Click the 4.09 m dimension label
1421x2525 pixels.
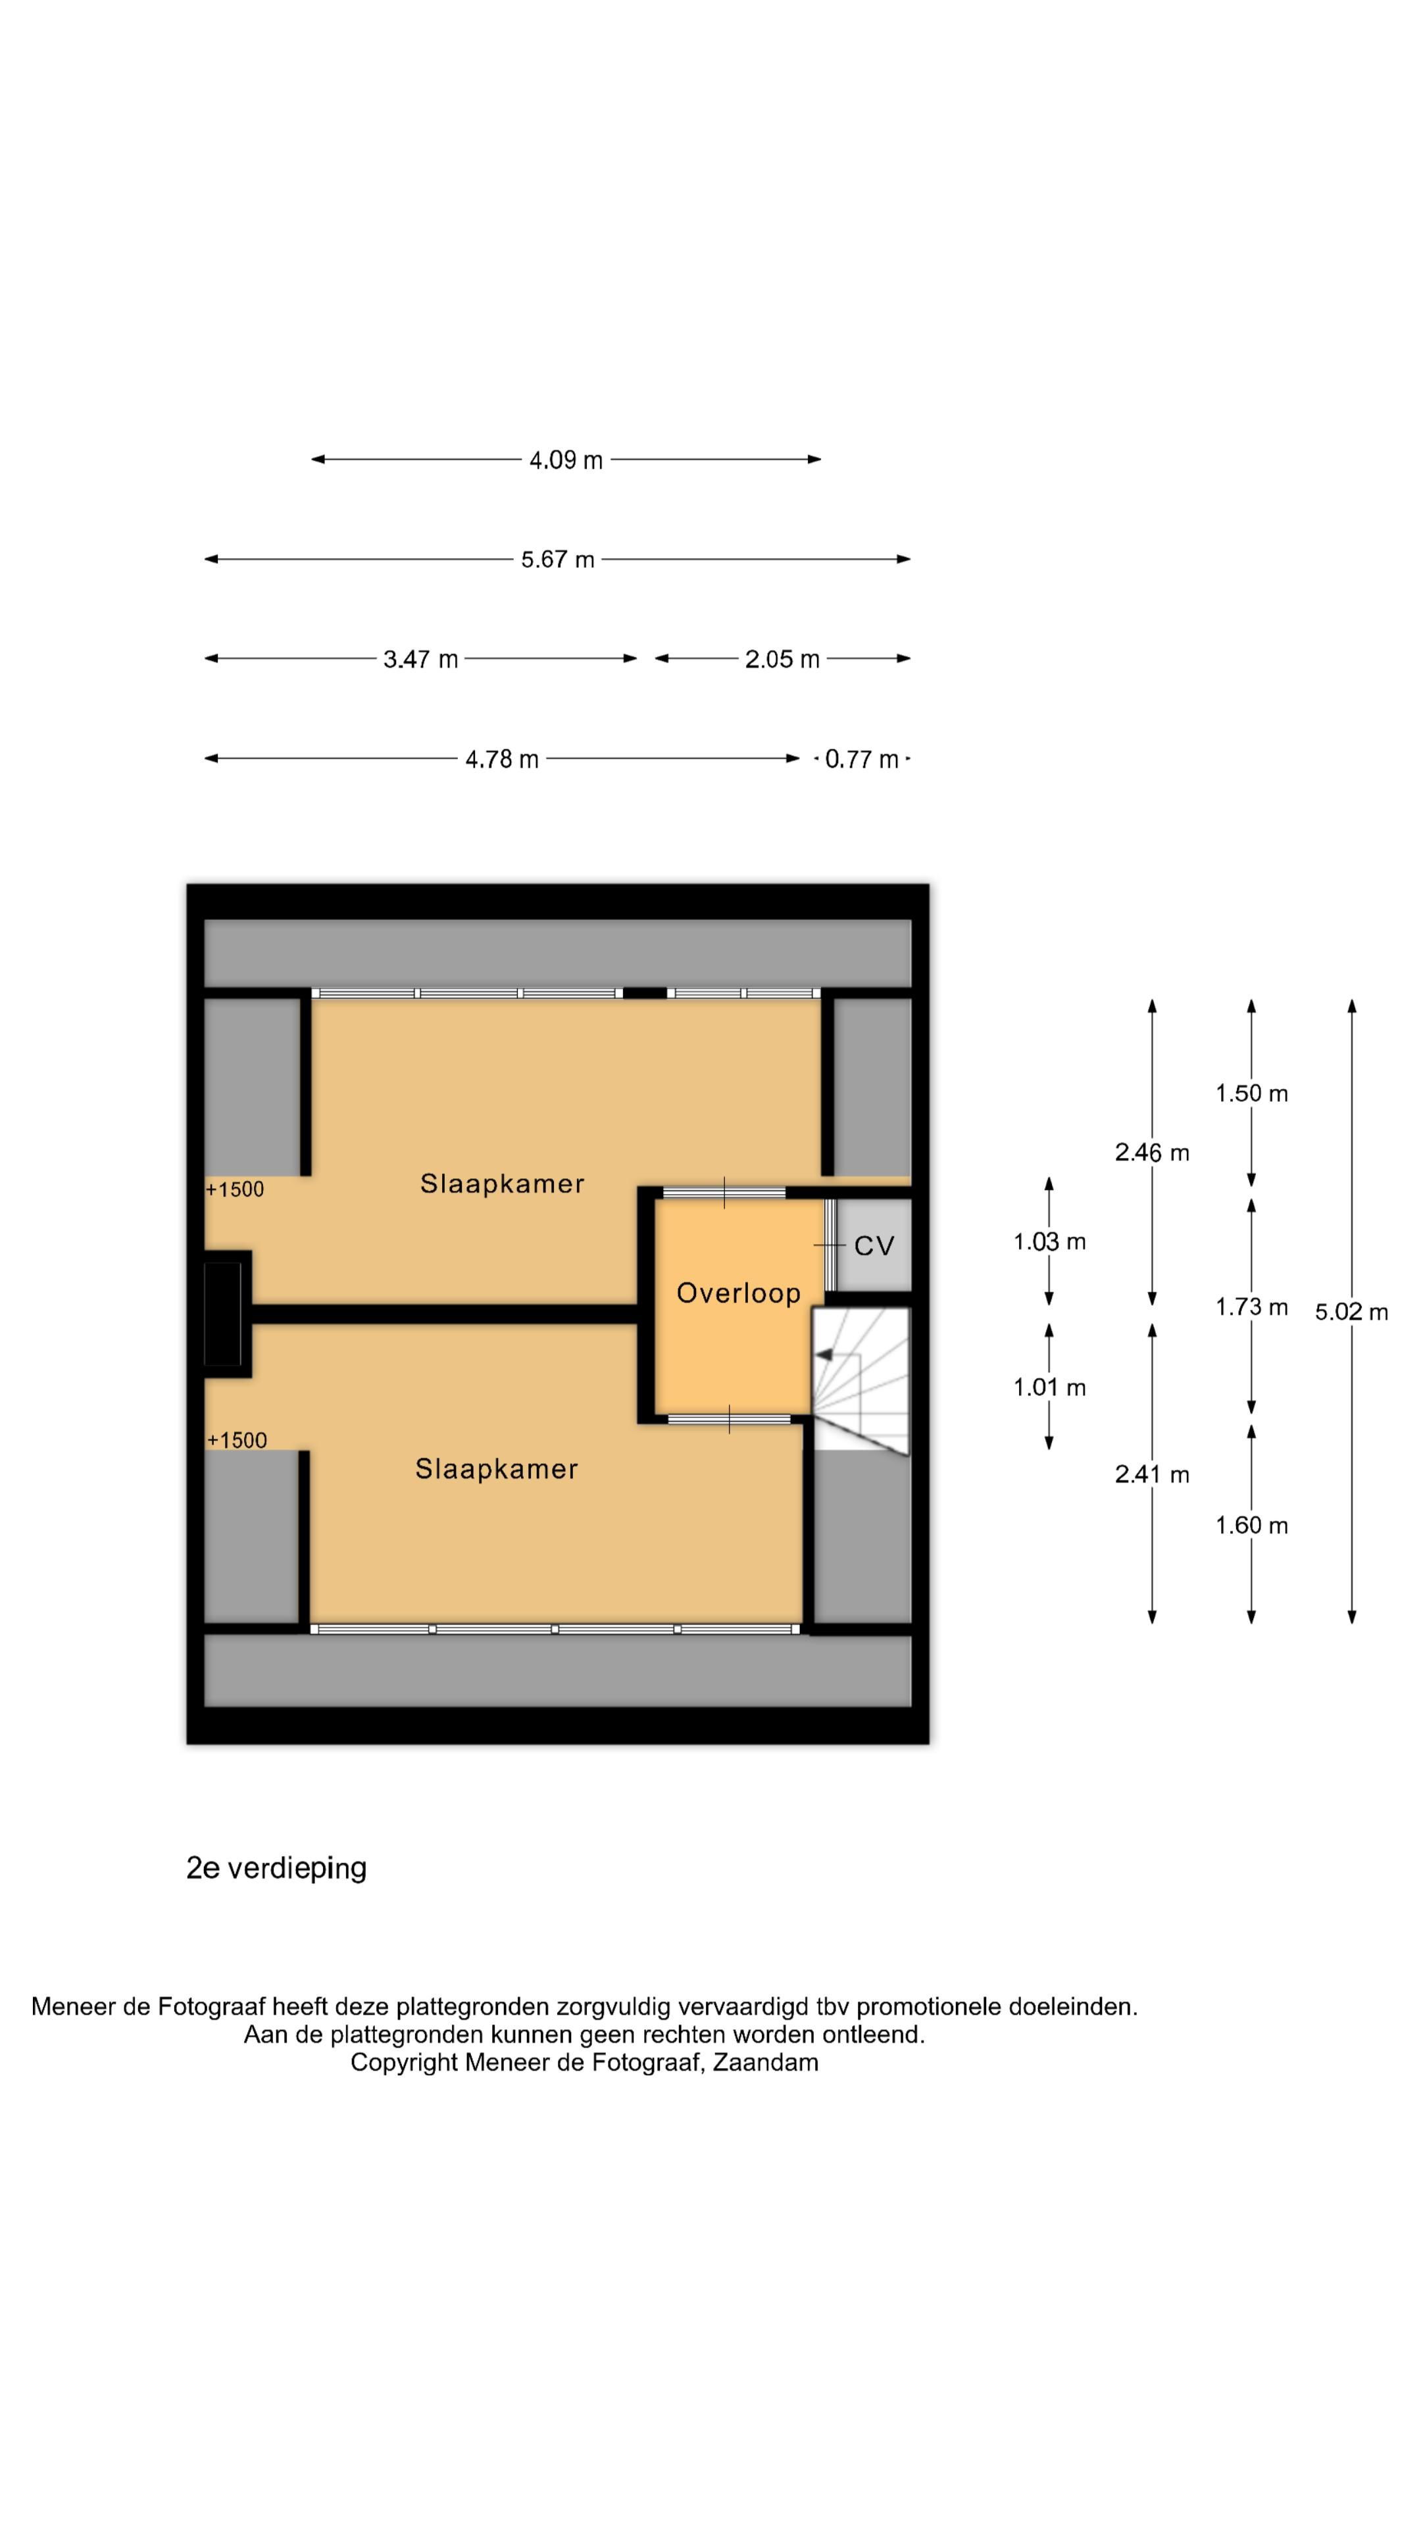[566, 460]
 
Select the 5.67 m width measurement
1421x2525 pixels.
[557, 560]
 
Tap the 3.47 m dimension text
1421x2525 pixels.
[421, 660]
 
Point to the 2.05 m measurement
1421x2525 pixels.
[782, 660]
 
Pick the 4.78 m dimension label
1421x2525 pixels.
[502, 759]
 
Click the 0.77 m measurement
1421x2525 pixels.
[862, 759]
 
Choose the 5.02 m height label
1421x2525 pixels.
[1351, 1312]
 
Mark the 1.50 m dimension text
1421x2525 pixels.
[1251, 1094]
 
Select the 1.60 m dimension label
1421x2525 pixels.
[1251, 1526]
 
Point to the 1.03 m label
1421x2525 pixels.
[1049, 1243]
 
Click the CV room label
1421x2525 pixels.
[874, 1247]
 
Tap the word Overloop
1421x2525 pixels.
[738, 1294]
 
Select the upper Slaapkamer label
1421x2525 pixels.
[502, 1184]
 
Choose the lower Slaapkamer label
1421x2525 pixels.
[496, 1470]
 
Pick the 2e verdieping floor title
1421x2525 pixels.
[276, 1868]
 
